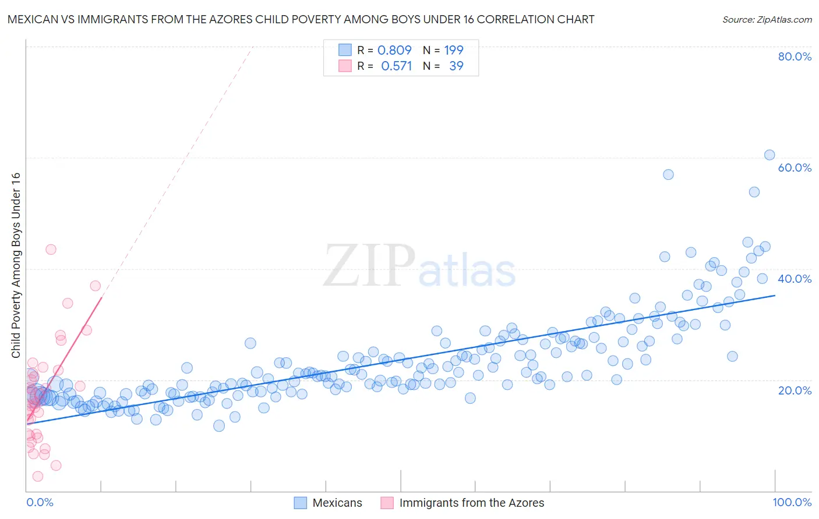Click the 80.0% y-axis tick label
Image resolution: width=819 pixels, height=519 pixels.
pyautogui.click(x=795, y=56)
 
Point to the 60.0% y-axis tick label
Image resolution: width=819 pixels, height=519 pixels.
pyautogui.click(x=795, y=168)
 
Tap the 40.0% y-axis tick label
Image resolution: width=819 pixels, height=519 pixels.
pyautogui.click(x=795, y=279)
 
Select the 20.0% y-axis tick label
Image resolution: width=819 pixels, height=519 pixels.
pyautogui.click(x=795, y=390)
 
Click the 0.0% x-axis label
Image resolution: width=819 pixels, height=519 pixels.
pyautogui.click(x=40, y=502)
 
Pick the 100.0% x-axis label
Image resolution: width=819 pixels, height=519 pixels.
pyautogui.click(x=792, y=502)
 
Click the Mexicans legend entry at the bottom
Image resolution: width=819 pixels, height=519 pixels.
pyautogui.click(x=337, y=503)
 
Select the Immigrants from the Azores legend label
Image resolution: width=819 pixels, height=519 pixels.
pyautogui.click(x=471, y=503)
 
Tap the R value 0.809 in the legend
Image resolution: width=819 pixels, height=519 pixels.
pyautogui.click(x=394, y=50)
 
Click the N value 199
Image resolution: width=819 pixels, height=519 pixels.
pyautogui.click(x=454, y=50)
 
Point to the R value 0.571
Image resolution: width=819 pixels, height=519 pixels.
pyautogui.click(x=396, y=66)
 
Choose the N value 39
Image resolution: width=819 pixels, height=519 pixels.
pyautogui.click(x=456, y=66)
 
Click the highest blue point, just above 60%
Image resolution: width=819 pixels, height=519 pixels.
pyautogui.click(x=769, y=155)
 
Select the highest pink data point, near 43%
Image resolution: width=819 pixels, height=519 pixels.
pyautogui.click(x=51, y=249)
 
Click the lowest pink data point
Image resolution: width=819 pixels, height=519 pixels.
pyautogui.click(x=38, y=476)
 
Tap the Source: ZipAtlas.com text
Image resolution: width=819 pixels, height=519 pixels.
pyautogui.click(x=767, y=19)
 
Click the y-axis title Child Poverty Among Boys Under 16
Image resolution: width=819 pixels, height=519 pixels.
pyautogui.click(x=16, y=265)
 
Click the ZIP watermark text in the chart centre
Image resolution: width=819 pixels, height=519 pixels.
pyautogui.click(x=369, y=265)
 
